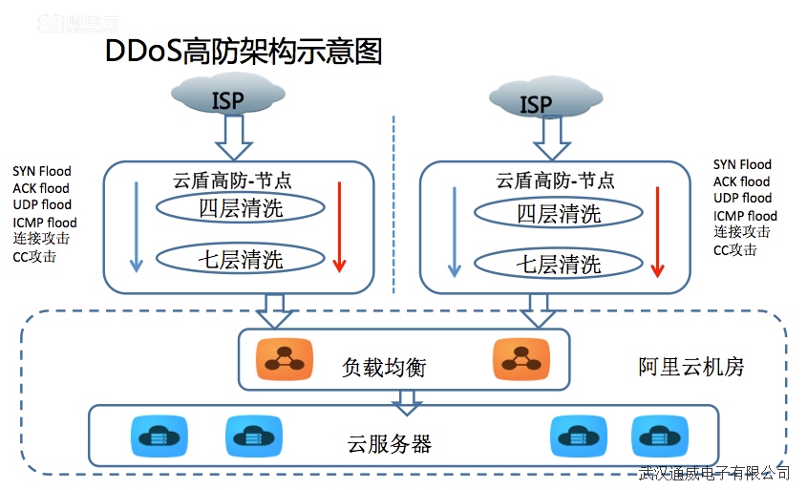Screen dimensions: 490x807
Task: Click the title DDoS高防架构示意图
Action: coord(244,52)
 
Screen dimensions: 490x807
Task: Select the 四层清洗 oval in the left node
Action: coord(241,208)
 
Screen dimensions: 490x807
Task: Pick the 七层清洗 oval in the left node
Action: coord(241,258)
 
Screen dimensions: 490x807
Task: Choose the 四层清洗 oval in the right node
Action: coord(559,214)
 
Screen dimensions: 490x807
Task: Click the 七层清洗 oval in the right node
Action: coord(559,264)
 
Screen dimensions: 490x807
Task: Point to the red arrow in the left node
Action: coord(337,225)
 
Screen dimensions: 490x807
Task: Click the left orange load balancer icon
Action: coord(284,358)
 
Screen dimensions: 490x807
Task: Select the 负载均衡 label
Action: coord(384,367)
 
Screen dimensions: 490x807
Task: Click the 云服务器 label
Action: coord(390,443)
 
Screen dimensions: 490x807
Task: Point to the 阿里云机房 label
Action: coord(690,367)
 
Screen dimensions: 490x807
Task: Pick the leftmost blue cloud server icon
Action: coord(154,437)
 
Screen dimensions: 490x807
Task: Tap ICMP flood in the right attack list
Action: coord(745,216)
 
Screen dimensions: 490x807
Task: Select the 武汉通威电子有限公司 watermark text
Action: coord(714,473)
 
